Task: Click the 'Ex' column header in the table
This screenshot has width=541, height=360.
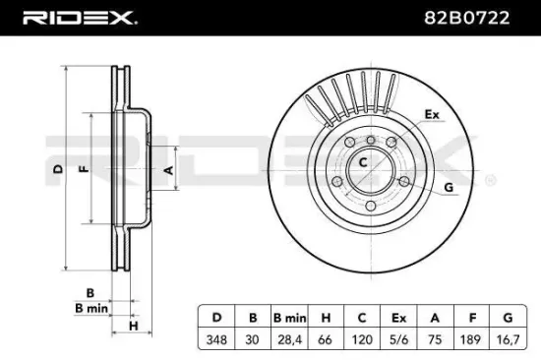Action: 398,319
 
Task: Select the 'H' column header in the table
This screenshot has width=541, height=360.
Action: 326,319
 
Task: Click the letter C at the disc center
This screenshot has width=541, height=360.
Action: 362,160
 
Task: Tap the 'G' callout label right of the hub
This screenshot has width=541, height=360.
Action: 449,187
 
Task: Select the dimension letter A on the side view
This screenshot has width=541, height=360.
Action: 168,169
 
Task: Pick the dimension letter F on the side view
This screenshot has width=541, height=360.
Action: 86,169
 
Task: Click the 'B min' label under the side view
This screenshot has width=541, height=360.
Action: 91,307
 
